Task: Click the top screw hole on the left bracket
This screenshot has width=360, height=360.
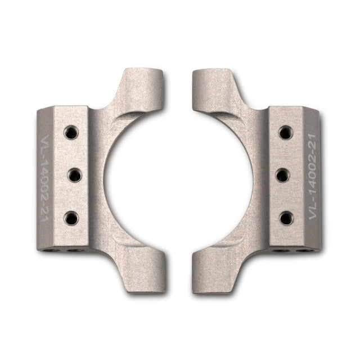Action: click(x=70, y=133)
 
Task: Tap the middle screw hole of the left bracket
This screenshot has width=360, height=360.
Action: click(x=74, y=175)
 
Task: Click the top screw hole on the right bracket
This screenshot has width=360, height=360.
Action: click(x=286, y=133)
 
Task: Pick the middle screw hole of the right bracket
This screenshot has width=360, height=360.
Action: click(x=283, y=175)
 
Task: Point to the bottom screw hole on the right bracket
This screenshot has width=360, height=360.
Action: click(x=286, y=218)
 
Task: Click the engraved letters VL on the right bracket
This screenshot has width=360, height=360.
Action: click(x=313, y=211)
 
